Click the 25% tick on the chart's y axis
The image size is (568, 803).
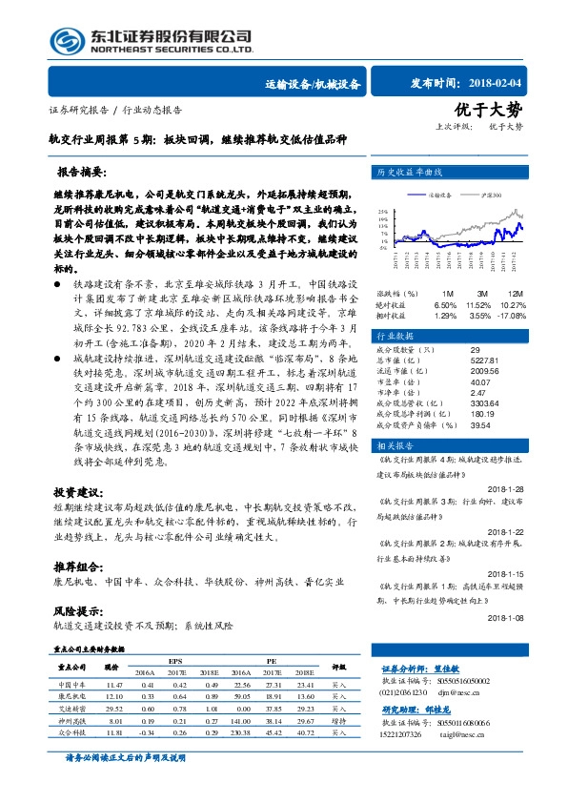pyautogui.click(x=382, y=212)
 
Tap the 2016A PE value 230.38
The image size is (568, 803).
pyautogui.click(x=242, y=732)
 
